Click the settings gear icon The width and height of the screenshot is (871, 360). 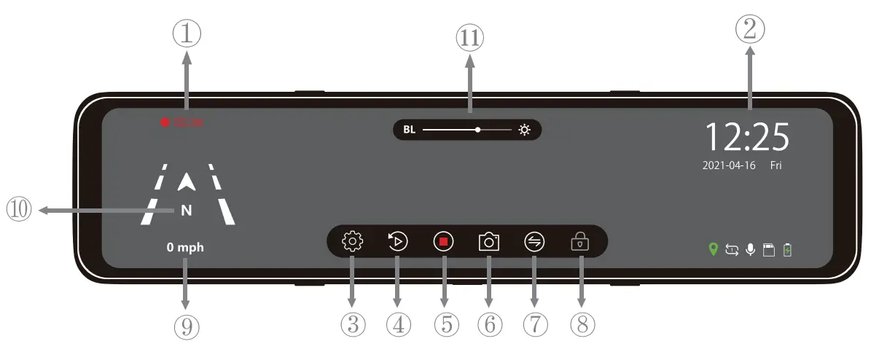coord(352,240)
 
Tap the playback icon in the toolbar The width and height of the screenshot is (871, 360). coord(397,240)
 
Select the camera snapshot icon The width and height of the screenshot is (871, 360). coord(488,241)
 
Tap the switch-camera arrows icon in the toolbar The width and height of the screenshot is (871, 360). coord(534,241)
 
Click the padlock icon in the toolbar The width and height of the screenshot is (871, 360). coord(581,241)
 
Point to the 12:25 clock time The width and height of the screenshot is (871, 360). coord(747,136)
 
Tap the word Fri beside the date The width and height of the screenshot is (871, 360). coord(776,165)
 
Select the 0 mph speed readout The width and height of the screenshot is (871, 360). coord(185,248)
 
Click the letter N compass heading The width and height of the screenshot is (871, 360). coord(186,211)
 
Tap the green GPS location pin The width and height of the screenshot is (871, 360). coord(714,250)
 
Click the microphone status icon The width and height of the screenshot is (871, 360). coord(750,250)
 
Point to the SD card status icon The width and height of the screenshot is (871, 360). coord(768,250)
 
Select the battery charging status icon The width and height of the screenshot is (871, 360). coord(787,250)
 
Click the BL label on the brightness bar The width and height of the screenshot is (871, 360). coord(409,130)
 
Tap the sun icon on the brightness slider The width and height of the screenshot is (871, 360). coord(525,130)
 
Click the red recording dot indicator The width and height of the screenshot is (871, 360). coord(165,122)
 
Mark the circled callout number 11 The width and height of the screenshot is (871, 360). coord(469,36)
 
